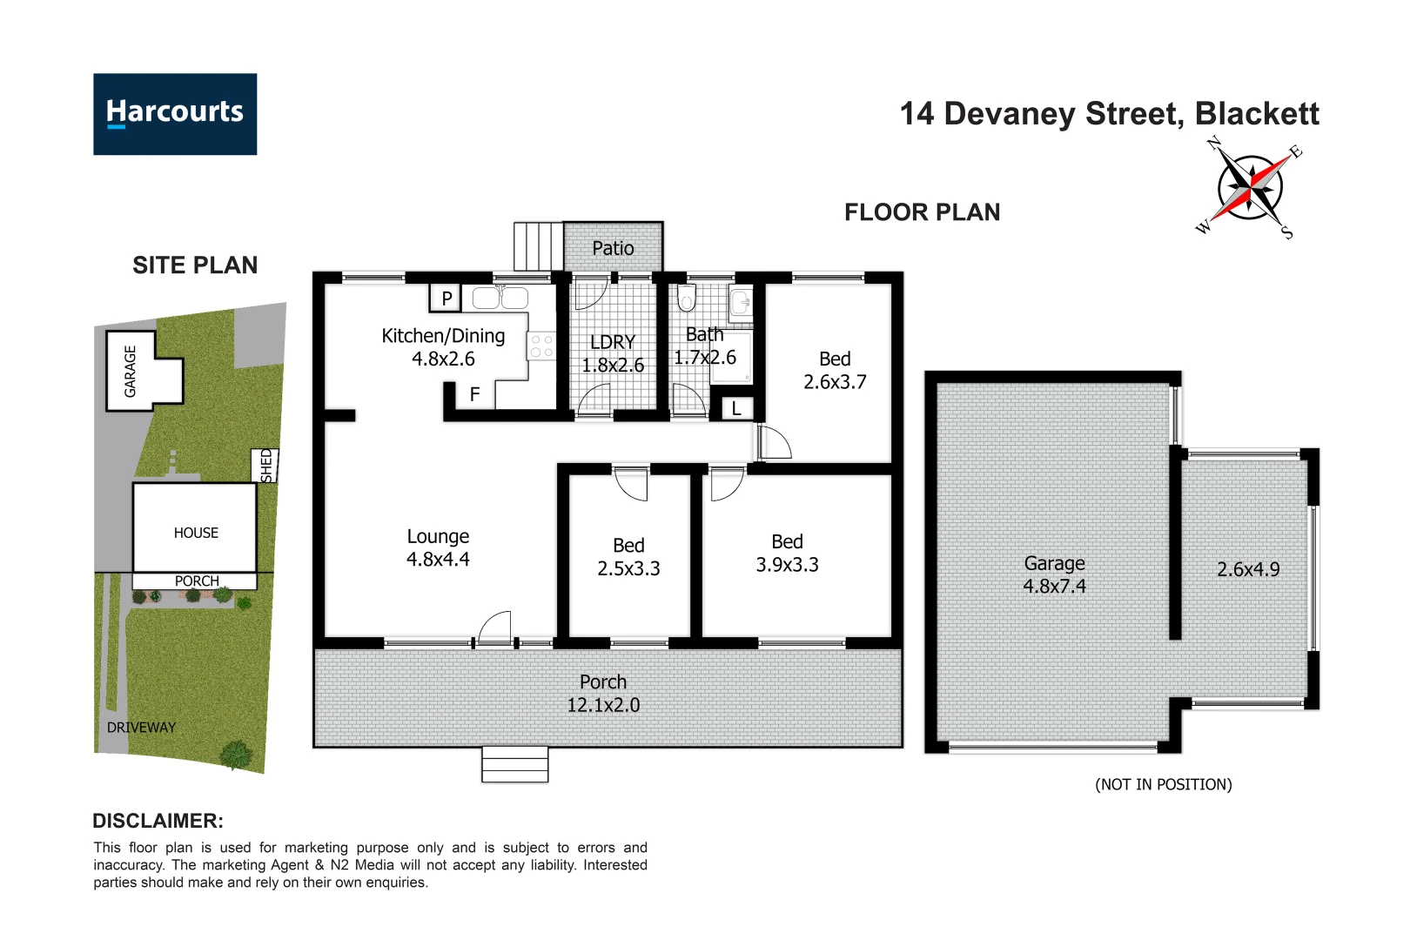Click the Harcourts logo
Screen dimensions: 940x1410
click(175, 114)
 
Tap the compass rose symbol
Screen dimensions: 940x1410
click(1250, 187)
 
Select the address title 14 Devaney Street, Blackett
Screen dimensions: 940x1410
click(1109, 114)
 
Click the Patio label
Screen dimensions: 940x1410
click(613, 248)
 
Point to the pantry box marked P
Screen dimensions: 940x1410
click(446, 299)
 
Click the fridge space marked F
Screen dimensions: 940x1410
click(474, 394)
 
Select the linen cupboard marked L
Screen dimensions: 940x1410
click(736, 408)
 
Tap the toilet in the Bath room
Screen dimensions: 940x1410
click(686, 299)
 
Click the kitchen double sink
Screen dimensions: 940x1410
click(500, 299)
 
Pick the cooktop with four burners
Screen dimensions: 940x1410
click(541, 346)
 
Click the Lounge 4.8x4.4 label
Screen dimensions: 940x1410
click(438, 547)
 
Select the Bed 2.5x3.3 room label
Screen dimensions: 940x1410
click(628, 556)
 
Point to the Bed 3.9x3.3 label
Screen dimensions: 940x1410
click(787, 553)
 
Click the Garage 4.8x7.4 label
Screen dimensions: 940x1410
click(1054, 574)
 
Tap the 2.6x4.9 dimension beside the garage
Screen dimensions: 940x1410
click(1247, 569)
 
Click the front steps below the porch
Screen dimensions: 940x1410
click(514, 765)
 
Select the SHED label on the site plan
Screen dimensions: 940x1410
click(266, 465)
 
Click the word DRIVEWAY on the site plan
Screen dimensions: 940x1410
click(141, 728)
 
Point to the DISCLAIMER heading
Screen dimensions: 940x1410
click(158, 821)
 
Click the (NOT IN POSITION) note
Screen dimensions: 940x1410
click(1163, 784)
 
